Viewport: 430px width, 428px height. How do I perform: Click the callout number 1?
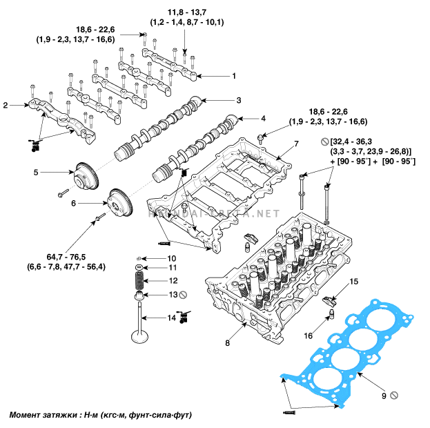point(234,76)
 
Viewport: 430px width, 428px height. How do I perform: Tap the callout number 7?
point(297,144)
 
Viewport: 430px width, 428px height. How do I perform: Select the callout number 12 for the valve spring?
point(173,281)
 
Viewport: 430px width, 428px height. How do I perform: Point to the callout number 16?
point(309,335)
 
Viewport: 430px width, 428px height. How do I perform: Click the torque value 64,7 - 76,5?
point(66,257)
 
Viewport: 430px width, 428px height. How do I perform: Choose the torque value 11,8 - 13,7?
point(187,12)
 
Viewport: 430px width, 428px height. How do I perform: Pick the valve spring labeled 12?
point(139,280)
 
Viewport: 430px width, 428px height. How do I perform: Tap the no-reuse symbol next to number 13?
point(183,295)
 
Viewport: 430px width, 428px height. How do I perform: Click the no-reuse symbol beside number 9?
point(394,396)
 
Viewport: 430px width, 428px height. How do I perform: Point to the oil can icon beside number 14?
point(183,317)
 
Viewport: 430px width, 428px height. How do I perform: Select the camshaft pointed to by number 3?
point(158,129)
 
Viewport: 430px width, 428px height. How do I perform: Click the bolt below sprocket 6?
point(100,217)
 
